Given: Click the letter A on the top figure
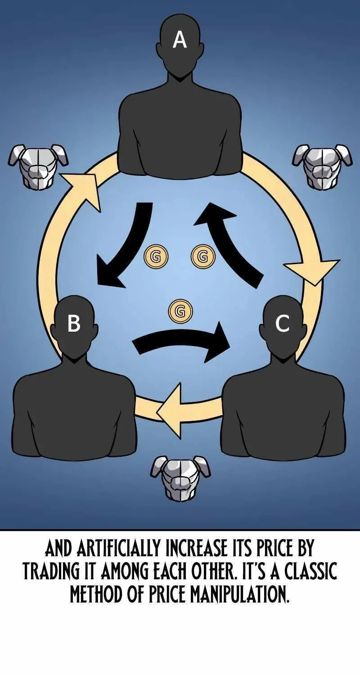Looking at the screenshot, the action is [180, 40].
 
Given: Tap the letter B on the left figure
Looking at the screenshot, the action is [74, 324].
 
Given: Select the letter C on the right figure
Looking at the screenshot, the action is [283, 324].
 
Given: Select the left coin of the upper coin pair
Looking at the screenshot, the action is [155, 256].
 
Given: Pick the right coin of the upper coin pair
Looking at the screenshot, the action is [203, 256].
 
